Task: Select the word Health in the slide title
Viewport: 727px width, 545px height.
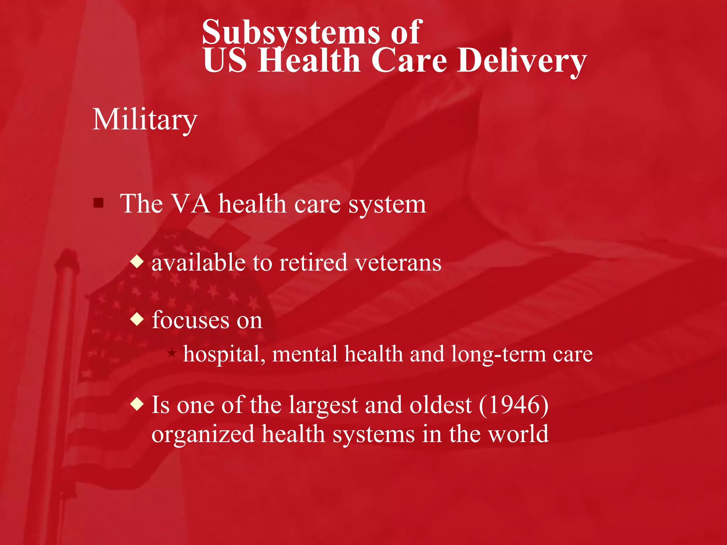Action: tap(309, 61)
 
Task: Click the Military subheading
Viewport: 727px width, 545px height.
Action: tap(145, 120)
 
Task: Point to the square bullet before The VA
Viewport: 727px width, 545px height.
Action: tap(98, 203)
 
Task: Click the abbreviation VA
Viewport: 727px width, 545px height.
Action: tap(190, 204)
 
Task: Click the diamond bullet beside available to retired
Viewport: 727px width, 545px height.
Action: tap(137, 262)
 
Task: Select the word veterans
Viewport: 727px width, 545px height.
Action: tap(398, 263)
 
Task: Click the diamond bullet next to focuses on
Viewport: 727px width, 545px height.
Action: tap(137, 320)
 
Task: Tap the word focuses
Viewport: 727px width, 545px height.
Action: tap(191, 320)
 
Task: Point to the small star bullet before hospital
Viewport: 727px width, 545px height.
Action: tap(172, 353)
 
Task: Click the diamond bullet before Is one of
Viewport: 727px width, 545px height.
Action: tap(137, 404)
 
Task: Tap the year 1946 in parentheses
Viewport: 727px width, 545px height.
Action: tap(514, 405)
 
